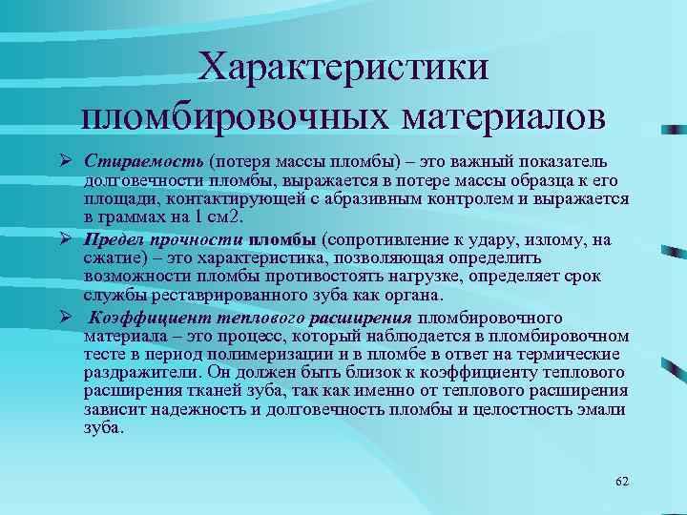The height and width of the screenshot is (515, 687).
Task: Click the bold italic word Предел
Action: (x=115, y=240)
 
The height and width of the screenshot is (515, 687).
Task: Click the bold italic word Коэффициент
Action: (x=145, y=318)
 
